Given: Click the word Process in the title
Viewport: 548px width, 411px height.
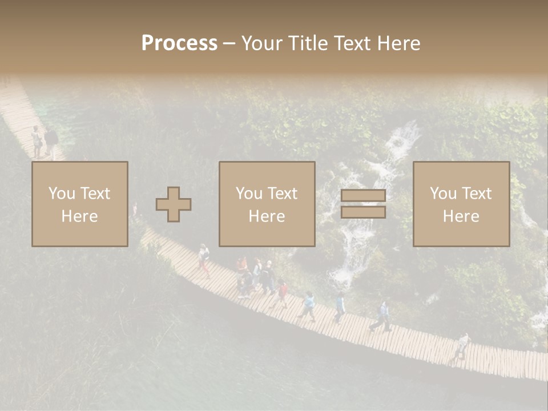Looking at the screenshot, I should coord(179,43).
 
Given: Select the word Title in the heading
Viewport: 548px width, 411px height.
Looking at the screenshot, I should coord(309,43).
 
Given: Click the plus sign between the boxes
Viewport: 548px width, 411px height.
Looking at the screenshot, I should coord(174,204).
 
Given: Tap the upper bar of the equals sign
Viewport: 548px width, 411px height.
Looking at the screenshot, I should coord(363,196).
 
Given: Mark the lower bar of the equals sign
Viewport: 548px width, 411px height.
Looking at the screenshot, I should coord(363,212).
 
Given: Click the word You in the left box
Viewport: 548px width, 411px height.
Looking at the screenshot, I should coord(61,194).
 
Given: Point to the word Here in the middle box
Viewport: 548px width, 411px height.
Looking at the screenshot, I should coord(267,216).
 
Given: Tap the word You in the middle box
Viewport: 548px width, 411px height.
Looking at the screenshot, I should coord(249,194).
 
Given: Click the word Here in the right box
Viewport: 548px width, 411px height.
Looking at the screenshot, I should coord(461,216).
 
